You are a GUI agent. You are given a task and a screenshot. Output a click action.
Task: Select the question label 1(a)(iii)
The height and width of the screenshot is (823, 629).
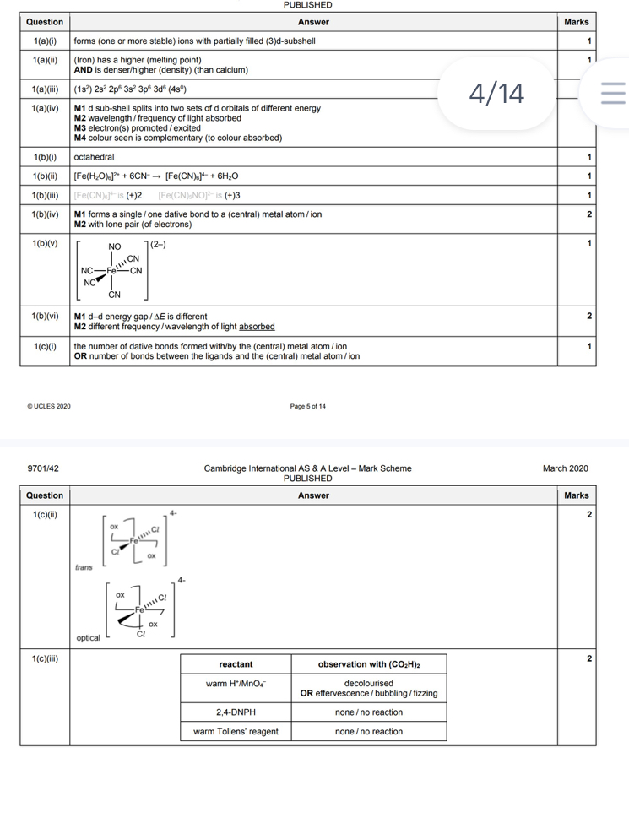coord(44,89)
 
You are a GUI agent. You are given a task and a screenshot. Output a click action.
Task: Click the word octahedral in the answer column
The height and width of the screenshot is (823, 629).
coord(93,157)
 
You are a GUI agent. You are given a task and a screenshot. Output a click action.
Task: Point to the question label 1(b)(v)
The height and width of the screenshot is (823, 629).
coord(44,244)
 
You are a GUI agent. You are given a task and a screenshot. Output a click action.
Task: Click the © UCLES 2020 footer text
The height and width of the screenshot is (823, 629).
coord(49,406)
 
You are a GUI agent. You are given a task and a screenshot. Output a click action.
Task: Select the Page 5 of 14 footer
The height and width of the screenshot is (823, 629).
coord(308,406)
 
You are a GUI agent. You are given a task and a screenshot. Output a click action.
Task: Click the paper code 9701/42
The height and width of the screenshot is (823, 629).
coord(42,468)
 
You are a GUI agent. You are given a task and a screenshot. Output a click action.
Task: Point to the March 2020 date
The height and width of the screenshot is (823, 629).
coord(566,468)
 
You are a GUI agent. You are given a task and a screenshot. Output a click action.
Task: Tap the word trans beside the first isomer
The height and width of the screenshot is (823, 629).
coord(84,567)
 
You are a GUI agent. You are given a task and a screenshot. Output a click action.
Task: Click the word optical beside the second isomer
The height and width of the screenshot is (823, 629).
coord(88,638)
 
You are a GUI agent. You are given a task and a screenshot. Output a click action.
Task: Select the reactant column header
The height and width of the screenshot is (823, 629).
coord(236,664)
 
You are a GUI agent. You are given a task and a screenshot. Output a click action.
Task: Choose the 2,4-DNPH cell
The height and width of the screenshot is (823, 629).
coord(236,712)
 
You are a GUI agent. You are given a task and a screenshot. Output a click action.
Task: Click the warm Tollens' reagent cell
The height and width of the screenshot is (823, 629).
coord(236,731)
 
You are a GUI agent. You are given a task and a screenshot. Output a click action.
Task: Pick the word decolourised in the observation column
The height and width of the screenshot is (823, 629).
coord(369,683)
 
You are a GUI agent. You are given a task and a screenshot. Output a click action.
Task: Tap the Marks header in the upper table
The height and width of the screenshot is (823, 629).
coord(576,22)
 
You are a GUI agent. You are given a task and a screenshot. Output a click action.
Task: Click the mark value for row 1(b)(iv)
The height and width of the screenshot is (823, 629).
coord(588,215)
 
